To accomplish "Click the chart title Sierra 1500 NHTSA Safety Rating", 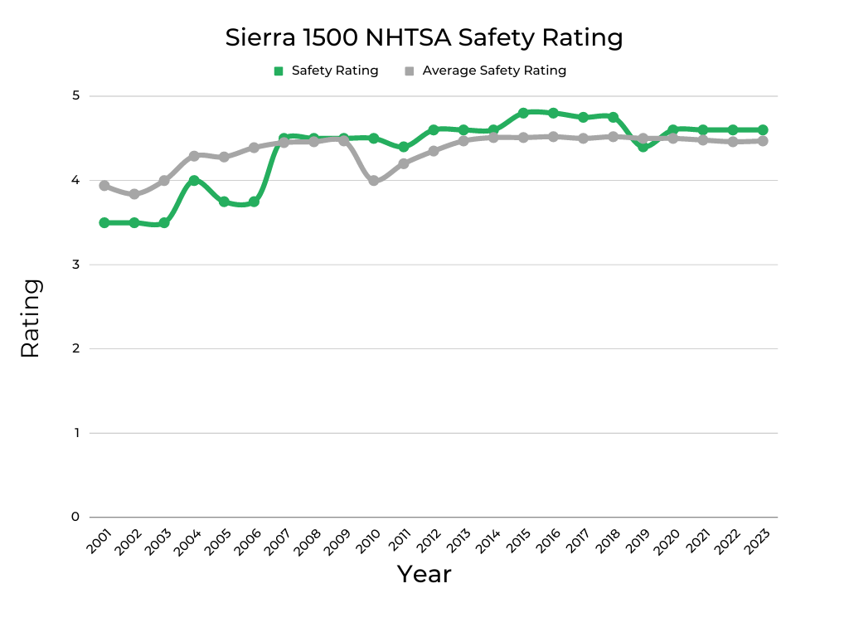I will pos(424,37).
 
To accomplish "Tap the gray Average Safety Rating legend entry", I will pos(485,71).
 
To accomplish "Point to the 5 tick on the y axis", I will pos(75,96).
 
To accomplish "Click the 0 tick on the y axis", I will pos(75,518).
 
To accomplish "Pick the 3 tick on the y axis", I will pos(75,265).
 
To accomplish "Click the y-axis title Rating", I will pos(31,318).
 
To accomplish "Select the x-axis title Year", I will pos(424,574).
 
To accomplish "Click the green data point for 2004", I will pos(194,181).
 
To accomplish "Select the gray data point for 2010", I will pos(373,181).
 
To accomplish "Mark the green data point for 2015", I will pos(523,113).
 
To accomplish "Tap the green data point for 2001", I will pos(104,223).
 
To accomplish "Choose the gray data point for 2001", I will pos(104,186).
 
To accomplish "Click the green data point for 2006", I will pos(254,202).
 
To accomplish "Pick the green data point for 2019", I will pos(643,147).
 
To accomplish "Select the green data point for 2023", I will pos(763,130).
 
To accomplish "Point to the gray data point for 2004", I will pos(194,156).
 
